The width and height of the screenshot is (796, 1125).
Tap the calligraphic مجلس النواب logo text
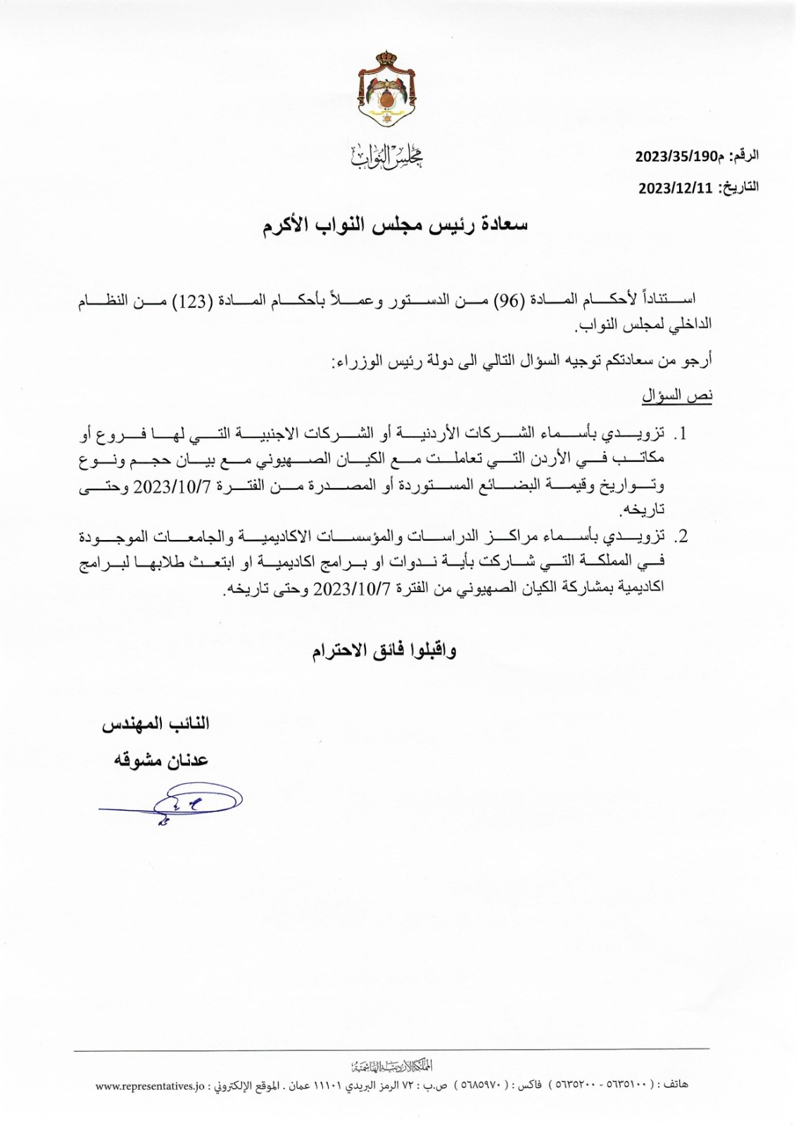coord(386,156)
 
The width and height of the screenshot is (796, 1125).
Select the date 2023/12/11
coord(676,188)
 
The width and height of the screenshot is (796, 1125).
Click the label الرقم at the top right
coord(743,156)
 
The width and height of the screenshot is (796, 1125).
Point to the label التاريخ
coord(738,188)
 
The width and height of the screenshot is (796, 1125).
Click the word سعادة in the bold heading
coord(501,225)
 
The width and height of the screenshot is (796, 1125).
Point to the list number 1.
coord(681,433)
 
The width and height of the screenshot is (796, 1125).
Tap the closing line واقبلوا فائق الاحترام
coord(384,650)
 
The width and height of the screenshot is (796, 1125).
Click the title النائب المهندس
coord(156,724)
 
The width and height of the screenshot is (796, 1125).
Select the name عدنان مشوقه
coord(161,760)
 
